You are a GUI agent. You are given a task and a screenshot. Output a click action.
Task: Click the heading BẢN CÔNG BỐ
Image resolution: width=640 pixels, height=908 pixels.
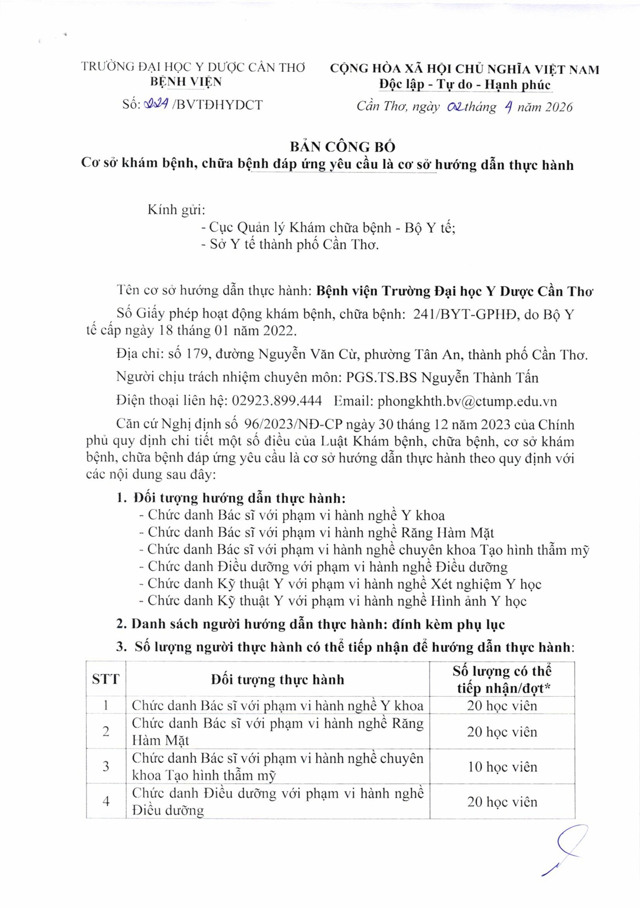pos(342,146)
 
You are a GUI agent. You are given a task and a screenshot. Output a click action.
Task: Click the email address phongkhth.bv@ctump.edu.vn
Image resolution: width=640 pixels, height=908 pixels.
pos(467,401)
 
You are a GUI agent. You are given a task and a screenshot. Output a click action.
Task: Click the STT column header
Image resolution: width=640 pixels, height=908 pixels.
pos(106,679)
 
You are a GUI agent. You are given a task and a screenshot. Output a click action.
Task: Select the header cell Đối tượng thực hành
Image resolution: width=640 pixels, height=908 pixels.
pos(277,679)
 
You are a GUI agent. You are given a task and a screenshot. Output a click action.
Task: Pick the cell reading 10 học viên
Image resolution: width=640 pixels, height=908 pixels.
pos(502,767)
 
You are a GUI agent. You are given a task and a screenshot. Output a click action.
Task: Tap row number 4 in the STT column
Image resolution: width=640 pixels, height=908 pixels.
pos(106,801)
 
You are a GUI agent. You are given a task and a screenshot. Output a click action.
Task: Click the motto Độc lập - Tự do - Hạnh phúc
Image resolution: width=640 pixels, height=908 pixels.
pos(465,84)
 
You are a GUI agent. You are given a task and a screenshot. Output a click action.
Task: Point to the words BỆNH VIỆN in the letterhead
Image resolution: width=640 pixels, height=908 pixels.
pos(186,82)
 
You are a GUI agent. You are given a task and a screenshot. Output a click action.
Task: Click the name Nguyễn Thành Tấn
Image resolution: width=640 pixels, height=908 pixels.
pos(479,378)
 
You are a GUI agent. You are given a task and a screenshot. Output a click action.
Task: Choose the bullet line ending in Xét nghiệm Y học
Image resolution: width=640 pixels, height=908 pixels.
pos(340,584)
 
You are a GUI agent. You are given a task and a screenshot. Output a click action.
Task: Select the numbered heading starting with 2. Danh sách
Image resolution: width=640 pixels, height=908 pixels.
pos(310,624)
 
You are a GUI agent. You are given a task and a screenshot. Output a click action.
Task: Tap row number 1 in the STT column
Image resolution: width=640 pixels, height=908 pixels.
pos(106,705)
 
